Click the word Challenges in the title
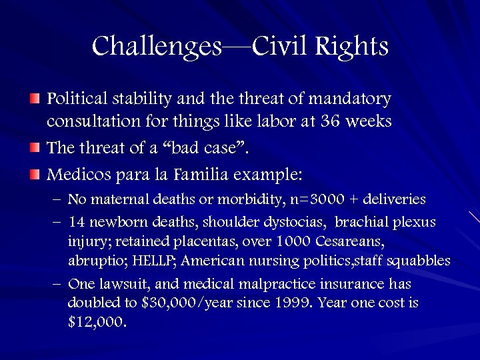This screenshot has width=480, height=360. pyautogui.click(x=157, y=47)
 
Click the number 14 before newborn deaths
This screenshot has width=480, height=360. pyautogui.click(x=77, y=222)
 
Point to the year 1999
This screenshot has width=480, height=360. pyautogui.click(x=291, y=303)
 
